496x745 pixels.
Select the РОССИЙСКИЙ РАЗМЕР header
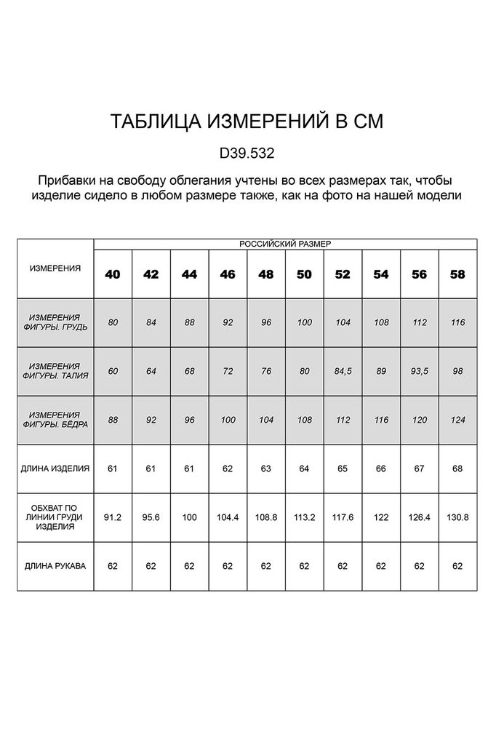click(x=285, y=244)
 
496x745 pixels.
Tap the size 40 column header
click(x=113, y=274)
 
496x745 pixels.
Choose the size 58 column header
click(x=457, y=274)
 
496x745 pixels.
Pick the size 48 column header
click(x=265, y=274)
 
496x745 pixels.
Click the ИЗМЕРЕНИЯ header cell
click(x=55, y=268)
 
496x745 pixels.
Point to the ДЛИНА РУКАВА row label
click(x=55, y=564)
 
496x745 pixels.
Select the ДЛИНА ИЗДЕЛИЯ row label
click(x=55, y=468)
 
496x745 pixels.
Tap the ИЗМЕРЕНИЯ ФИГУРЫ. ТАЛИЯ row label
click(x=55, y=370)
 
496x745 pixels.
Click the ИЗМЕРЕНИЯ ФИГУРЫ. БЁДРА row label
click(x=55, y=419)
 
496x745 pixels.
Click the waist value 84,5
click(x=343, y=371)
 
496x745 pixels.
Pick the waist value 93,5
click(x=419, y=371)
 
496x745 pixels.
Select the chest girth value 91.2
click(x=113, y=516)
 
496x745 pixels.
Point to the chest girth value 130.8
click(x=457, y=516)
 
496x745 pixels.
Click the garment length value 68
click(x=457, y=468)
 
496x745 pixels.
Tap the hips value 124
click(x=457, y=420)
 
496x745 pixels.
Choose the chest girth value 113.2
click(x=304, y=516)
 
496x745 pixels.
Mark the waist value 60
click(x=113, y=371)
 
